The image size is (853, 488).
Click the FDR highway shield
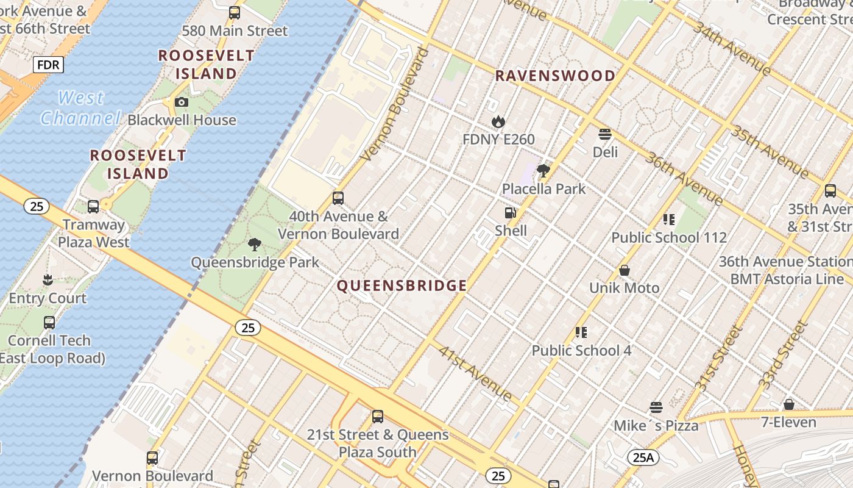[48, 65]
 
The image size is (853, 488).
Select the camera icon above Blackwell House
[182, 102]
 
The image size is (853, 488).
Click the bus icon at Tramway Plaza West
[93, 206]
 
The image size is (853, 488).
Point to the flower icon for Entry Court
[48, 280]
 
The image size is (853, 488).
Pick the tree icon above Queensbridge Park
[255, 245]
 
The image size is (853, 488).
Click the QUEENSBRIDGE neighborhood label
[402, 285]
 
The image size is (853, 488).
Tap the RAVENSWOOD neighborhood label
[555, 76]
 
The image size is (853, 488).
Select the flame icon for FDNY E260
[498, 121]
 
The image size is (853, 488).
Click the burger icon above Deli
[605, 134]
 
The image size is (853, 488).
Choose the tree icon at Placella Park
[543, 171]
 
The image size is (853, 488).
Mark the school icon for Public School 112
[669, 220]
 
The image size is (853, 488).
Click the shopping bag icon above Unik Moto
[625, 270]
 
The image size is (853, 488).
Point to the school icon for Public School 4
[581, 332]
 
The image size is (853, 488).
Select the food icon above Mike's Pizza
[656, 407]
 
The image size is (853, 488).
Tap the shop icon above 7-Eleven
[789, 404]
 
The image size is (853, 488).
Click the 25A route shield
[643, 457]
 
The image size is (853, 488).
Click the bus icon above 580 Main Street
[235, 12]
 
